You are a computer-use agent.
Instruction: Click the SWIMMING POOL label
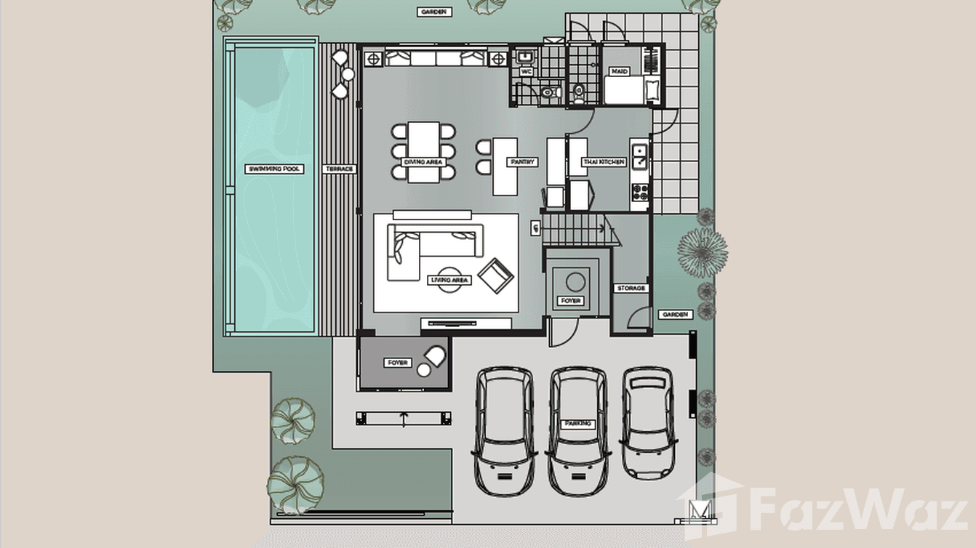point(275,169)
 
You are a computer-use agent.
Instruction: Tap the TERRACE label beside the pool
point(339,169)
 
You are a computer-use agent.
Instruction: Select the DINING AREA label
point(424,162)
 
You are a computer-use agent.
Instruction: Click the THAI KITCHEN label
point(604,162)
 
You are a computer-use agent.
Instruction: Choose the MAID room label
point(620,72)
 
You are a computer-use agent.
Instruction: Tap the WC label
point(525,72)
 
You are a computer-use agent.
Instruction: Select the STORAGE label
point(631,289)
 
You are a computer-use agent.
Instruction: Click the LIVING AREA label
point(452,280)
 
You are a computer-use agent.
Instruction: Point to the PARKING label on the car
point(578,423)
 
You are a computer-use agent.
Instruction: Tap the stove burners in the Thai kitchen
point(641,193)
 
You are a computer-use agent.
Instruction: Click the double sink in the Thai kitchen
point(641,157)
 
